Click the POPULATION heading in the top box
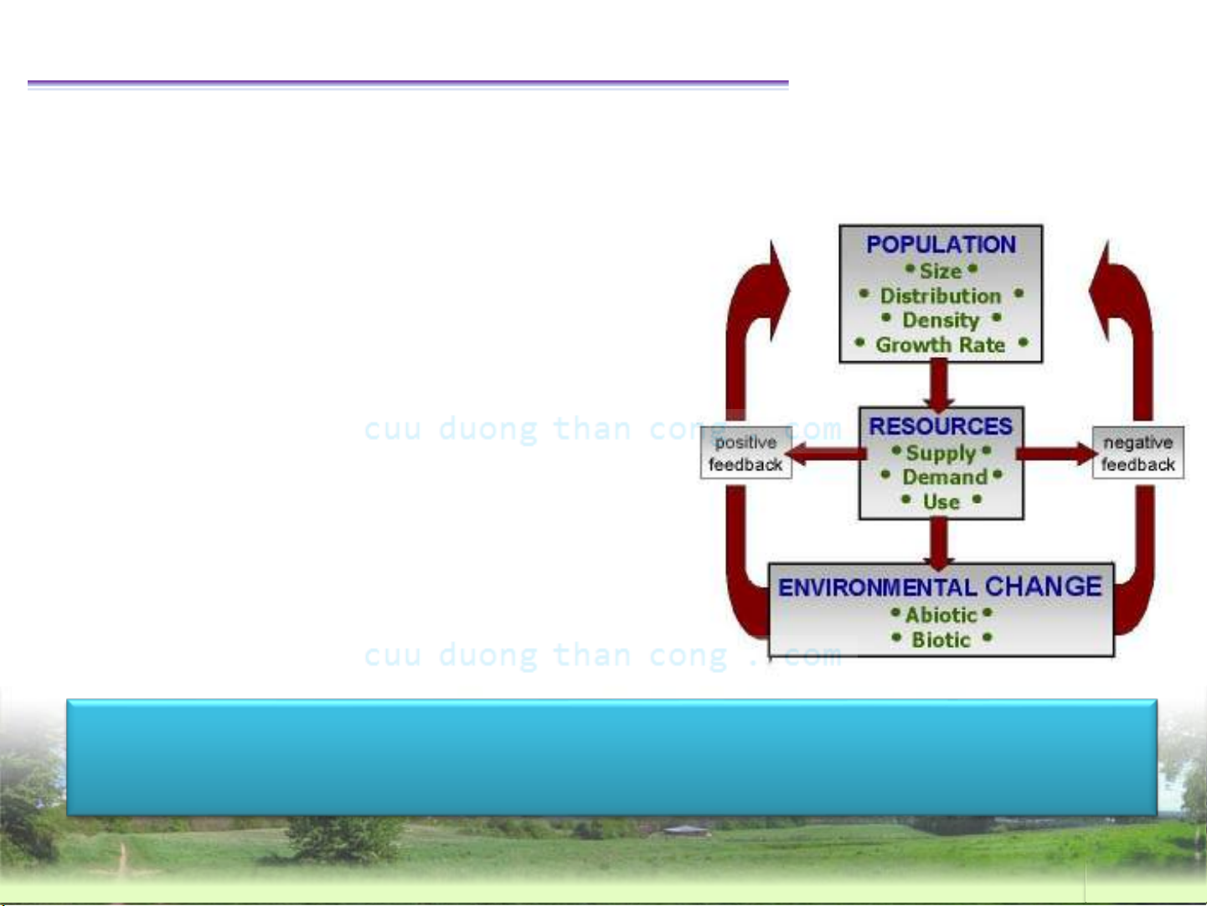point(941,245)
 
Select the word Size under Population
point(941,271)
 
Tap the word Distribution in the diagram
point(941,296)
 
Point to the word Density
point(941,320)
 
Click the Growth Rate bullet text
point(941,345)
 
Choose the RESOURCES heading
point(941,427)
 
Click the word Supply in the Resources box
point(941,453)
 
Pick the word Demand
point(945,477)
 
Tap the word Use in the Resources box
point(941,502)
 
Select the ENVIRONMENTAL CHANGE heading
point(941,587)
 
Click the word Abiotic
point(941,615)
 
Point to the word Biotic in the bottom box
point(941,639)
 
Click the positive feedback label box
point(746,453)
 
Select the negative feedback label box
point(1137,453)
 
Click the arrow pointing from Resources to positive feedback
point(825,453)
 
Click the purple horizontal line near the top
point(408,84)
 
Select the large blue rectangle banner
point(611,757)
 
